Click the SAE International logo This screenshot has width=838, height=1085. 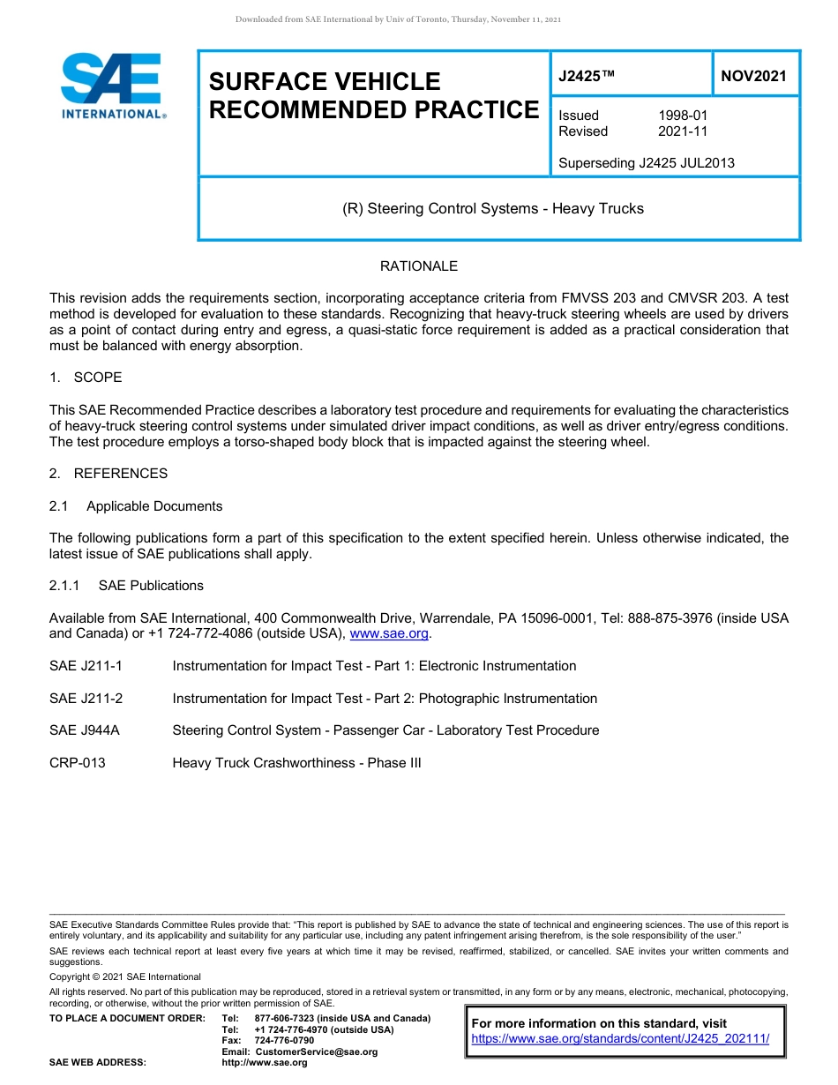[113, 86]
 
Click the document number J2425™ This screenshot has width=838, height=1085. [586, 76]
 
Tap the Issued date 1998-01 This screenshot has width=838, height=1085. [683, 116]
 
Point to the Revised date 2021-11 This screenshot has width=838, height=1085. [683, 131]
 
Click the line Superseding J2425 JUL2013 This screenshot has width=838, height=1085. [646, 163]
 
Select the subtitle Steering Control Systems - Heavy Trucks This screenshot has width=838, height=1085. [493, 209]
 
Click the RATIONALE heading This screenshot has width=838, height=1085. [418, 266]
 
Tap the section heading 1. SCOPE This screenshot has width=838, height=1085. [86, 378]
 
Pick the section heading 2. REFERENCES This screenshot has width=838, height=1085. [108, 474]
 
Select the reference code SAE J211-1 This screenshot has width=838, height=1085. [86, 666]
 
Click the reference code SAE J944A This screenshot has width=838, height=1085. [85, 730]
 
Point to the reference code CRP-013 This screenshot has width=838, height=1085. [78, 763]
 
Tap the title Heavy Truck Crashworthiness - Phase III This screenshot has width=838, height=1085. [296, 763]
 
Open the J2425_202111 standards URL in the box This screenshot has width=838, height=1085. [620, 1039]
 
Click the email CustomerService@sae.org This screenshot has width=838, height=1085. [316, 1051]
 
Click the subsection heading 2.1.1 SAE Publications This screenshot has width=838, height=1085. [126, 586]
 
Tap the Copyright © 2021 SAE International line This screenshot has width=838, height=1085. [125, 976]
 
